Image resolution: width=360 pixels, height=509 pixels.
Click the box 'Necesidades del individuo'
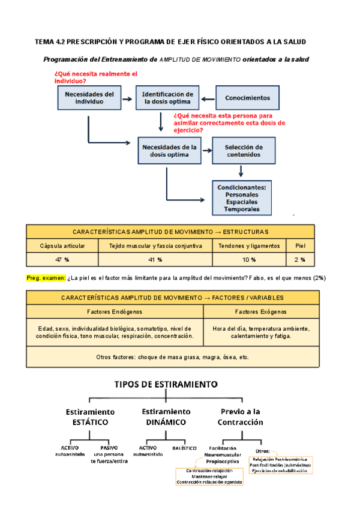[89, 98]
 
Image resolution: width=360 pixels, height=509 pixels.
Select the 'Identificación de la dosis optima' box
[164, 98]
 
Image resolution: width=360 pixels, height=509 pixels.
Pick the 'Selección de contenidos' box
[243, 151]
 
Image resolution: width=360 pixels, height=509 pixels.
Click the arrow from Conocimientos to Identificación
[206, 98]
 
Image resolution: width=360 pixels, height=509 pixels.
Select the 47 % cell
[62, 259]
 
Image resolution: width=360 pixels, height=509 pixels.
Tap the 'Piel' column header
[300, 245]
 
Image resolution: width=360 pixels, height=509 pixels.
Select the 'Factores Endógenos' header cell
[115, 312]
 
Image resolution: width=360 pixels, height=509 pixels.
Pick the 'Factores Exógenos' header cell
[260, 312]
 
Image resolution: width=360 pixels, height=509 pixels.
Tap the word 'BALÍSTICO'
[184, 448]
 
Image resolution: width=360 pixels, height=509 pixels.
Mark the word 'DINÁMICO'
[166, 422]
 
